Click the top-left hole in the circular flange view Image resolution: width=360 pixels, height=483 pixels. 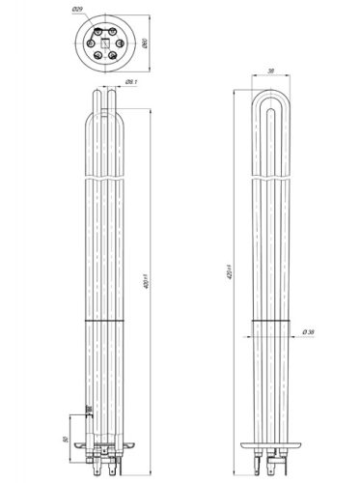pos(97,31)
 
